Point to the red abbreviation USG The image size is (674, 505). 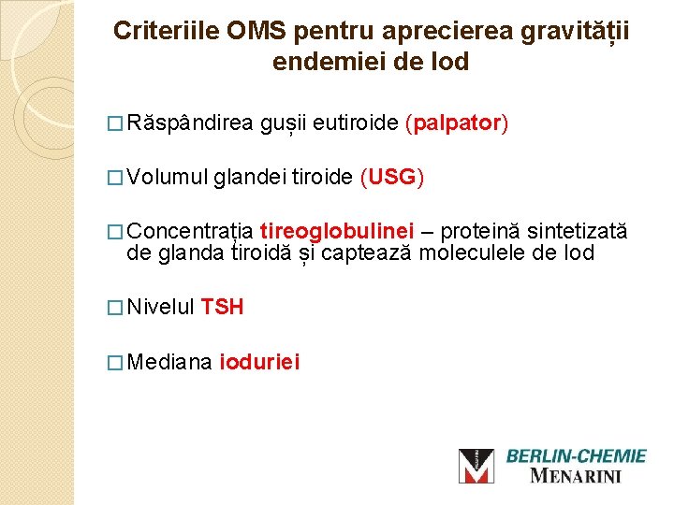click(x=391, y=177)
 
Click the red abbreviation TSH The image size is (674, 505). click(x=222, y=307)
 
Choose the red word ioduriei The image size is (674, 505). click(x=259, y=361)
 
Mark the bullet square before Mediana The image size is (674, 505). click(x=115, y=362)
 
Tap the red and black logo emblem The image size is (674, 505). click(x=476, y=466)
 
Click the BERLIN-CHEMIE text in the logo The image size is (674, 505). click(x=576, y=456)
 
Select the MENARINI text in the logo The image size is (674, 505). click(x=576, y=476)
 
